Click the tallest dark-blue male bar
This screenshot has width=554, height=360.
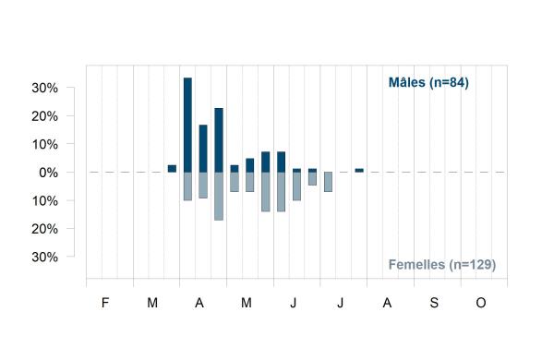tap(187, 125)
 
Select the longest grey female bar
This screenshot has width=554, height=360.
tap(219, 197)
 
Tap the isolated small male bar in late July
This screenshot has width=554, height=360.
tap(359, 170)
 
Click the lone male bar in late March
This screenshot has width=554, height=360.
tap(172, 169)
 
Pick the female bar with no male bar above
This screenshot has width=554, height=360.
tap(328, 182)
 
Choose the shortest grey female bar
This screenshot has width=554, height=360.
tap(312, 179)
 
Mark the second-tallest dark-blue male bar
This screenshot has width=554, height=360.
tap(219, 140)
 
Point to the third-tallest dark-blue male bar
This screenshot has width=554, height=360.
tap(203, 149)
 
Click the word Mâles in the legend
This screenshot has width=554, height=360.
tap(406, 82)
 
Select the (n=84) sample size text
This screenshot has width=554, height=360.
tap(449, 83)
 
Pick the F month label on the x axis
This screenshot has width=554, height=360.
tap(105, 303)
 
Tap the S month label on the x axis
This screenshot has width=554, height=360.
tap(434, 303)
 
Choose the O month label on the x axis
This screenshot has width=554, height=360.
tap(481, 303)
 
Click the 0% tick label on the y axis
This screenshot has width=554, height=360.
tap(48, 173)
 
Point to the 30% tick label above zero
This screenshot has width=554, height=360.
tap(45, 88)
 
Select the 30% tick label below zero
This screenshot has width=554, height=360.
tap(45, 257)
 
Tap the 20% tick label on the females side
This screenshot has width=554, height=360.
tap(45, 229)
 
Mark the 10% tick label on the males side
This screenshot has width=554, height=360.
tap(45, 145)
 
